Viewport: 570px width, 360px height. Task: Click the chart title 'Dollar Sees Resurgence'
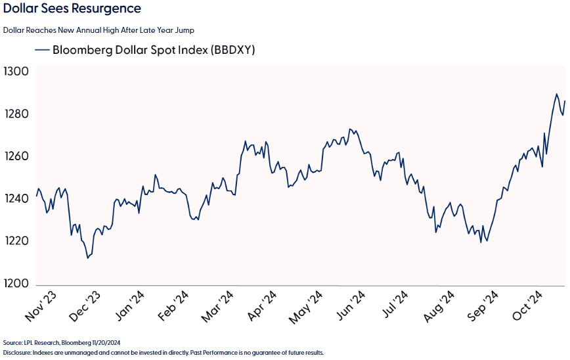[x=72, y=9]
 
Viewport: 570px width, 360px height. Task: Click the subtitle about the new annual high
[x=99, y=30]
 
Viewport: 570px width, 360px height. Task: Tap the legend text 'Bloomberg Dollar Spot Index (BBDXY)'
[x=154, y=50]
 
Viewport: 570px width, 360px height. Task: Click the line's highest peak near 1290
[x=557, y=94]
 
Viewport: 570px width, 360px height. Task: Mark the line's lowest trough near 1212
[x=87, y=258]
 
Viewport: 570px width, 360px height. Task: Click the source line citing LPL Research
[x=62, y=343]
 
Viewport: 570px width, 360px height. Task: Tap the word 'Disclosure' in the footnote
[x=16, y=353]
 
